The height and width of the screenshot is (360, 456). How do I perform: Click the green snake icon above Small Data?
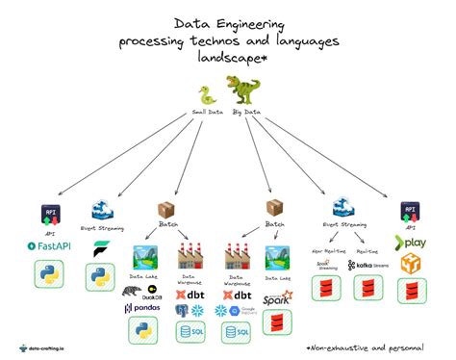[206, 94]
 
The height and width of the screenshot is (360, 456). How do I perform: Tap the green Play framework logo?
[413, 244]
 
